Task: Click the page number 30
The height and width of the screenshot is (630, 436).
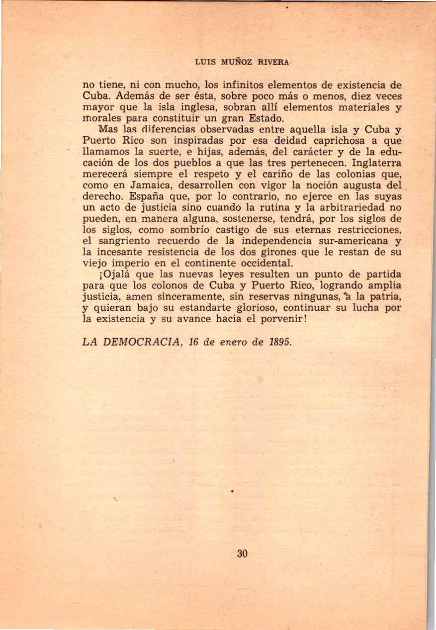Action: tap(243, 554)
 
